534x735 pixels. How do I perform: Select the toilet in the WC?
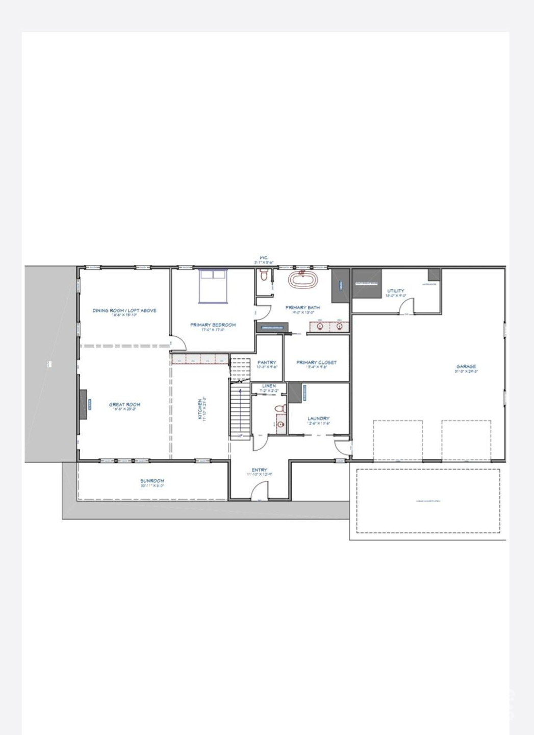(264, 276)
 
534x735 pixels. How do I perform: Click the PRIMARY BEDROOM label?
(213, 325)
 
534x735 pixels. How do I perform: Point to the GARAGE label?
(466, 366)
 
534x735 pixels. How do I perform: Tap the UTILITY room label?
(395, 291)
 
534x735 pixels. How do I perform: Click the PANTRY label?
(267, 362)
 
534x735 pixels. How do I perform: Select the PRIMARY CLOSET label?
(317, 362)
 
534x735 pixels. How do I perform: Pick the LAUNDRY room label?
(318, 419)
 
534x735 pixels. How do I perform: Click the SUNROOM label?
(152, 481)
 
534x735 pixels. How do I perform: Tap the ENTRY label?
(260, 470)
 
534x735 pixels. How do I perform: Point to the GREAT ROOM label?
(124, 405)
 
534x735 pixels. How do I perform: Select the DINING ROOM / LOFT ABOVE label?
(124, 310)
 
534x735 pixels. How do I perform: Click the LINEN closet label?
(269, 386)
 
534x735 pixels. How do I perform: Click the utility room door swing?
(406, 307)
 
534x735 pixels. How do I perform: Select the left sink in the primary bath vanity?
(320, 326)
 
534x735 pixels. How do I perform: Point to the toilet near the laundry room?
(279, 409)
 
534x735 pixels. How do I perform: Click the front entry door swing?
(260, 492)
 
